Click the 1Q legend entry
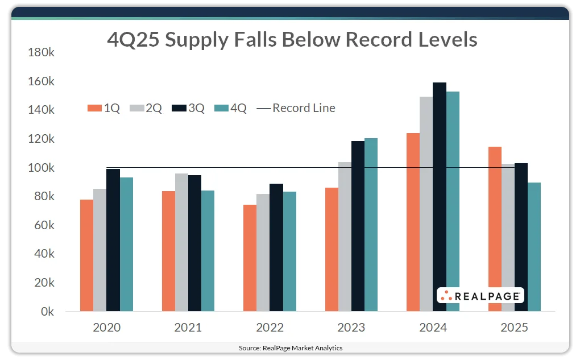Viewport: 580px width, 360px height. click(x=103, y=108)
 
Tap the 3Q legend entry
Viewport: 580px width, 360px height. click(x=188, y=108)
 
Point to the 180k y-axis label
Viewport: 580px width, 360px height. click(x=41, y=52)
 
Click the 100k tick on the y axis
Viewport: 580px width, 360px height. click(x=41, y=168)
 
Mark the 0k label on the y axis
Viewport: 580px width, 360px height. click(x=45, y=312)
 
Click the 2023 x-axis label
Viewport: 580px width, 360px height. click(x=351, y=328)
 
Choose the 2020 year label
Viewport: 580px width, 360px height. click(x=106, y=328)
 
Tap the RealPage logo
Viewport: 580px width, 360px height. click(x=480, y=295)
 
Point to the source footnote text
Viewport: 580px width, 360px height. click(x=290, y=347)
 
